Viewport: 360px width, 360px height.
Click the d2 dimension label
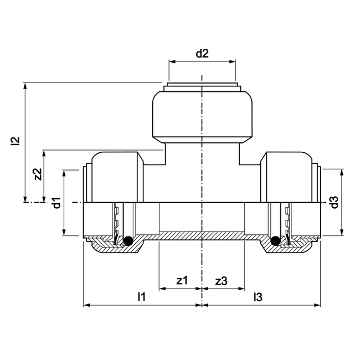(x=202, y=54)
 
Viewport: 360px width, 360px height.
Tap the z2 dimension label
(x=38, y=174)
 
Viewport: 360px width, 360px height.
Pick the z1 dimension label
(x=181, y=281)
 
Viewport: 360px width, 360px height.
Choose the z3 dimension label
(x=221, y=281)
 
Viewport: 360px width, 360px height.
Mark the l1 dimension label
(x=141, y=296)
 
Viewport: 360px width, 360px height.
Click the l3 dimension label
(x=258, y=296)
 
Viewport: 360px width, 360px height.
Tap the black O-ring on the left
(x=127, y=240)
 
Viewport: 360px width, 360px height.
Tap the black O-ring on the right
(x=275, y=240)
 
